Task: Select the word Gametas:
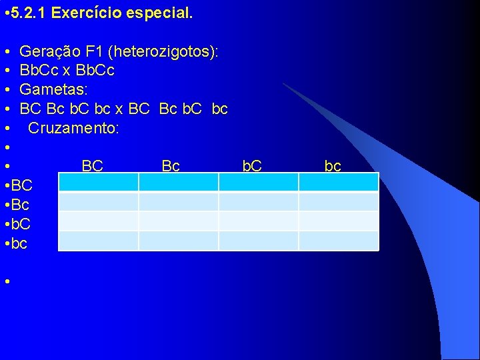tap(49, 89)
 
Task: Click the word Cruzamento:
tap(73, 127)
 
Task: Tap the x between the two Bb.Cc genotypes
tap(67, 70)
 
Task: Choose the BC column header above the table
tap(92, 166)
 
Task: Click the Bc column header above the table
tap(171, 166)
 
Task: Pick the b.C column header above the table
tap(252, 166)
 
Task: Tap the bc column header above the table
tap(333, 166)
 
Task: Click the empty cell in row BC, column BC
tap(99, 183)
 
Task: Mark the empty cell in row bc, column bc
tap(338, 241)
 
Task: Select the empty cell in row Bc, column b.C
tap(258, 202)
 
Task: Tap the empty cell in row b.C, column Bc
tap(179, 221)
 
